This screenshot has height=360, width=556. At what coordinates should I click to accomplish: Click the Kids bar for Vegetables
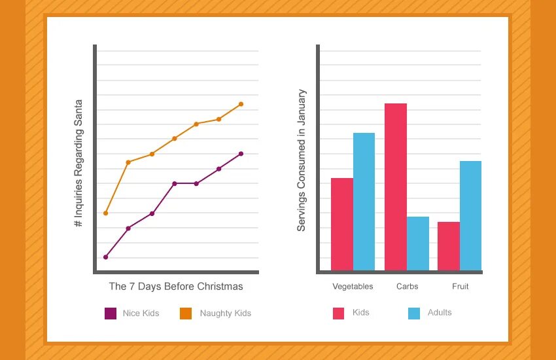coord(341,224)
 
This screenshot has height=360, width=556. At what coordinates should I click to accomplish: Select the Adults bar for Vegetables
coord(364,202)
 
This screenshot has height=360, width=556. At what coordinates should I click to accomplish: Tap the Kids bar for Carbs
coord(395,187)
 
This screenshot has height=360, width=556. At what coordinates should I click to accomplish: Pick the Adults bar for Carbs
coord(418,243)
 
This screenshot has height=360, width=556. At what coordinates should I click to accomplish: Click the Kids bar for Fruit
coord(449,245)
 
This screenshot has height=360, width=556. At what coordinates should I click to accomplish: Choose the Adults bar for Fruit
coord(470,215)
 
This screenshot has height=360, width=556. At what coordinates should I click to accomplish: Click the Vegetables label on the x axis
coord(353,286)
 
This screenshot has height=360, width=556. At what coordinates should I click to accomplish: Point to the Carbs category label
coord(407,286)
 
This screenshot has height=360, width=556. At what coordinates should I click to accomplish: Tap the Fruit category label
coord(460,286)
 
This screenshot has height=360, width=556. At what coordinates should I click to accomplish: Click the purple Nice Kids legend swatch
coord(111,314)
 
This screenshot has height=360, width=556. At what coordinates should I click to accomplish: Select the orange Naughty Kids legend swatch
coord(186,314)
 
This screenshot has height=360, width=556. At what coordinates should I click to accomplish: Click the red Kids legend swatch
coord(339,313)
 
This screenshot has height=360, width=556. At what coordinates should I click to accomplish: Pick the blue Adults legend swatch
coord(414,313)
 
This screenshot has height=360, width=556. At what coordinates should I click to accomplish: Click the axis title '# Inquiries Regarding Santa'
coord(78,163)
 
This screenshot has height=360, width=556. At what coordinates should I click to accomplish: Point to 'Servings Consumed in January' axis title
coord(302,160)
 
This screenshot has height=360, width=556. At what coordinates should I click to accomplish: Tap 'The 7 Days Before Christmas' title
coord(176,286)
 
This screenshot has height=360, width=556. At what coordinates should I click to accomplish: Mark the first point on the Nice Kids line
coord(105,257)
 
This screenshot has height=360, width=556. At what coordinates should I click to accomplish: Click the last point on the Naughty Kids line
coord(241,104)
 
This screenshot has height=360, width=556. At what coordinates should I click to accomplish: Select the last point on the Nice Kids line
coord(241,154)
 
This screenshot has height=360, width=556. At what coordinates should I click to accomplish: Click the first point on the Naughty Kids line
coord(105,213)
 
